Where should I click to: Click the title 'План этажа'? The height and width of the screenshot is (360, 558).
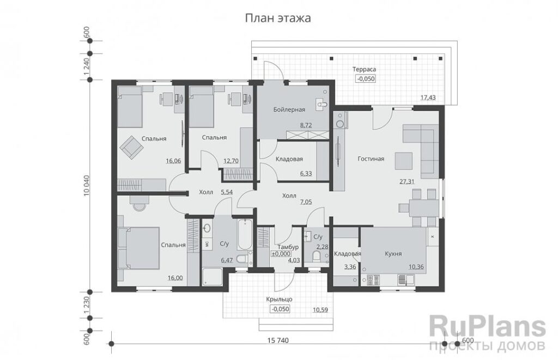pyautogui.click(x=277, y=18)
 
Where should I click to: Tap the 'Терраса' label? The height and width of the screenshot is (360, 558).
pyautogui.click(x=364, y=69)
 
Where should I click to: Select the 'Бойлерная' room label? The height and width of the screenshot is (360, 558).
pyautogui.click(x=289, y=109)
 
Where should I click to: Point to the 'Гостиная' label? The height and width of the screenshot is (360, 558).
pyautogui.click(x=371, y=158)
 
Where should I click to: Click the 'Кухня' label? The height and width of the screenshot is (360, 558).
pyautogui.click(x=393, y=254)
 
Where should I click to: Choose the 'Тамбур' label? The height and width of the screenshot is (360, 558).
pyautogui.click(x=288, y=247)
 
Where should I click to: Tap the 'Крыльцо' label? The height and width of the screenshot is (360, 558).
pyautogui.click(x=280, y=300)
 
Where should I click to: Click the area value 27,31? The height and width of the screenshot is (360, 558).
pyautogui.click(x=407, y=181)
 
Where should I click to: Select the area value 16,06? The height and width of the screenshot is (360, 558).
pyautogui.click(x=173, y=161)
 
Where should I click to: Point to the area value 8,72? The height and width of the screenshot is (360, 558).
pyautogui.click(x=306, y=125)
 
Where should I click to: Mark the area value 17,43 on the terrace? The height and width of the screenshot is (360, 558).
pyautogui.click(x=428, y=97)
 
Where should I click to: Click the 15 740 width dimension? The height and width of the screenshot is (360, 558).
pyautogui.click(x=278, y=340)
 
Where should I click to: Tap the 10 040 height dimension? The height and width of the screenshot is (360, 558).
pyautogui.click(x=87, y=185)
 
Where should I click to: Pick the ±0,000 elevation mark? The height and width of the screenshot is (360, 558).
pyautogui.click(x=281, y=254)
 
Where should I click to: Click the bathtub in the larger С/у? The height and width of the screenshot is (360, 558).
pyautogui.click(x=245, y=235)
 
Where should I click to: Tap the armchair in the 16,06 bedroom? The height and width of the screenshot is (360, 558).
pyautogui.click(x=130, y=147)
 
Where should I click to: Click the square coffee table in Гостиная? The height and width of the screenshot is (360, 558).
pyautogui.click(x=404, y=161)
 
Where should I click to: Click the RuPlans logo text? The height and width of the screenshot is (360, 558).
pyautogui.click(x=488, y=328)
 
